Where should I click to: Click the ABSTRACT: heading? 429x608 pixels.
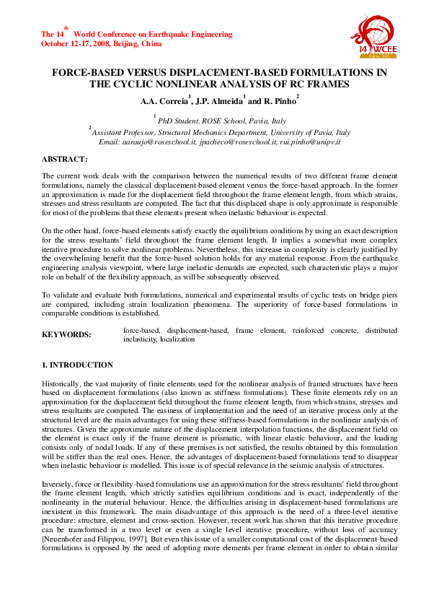65,158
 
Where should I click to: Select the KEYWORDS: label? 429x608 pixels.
66,334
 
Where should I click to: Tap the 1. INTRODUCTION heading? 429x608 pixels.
77,365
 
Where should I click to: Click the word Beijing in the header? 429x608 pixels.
130,43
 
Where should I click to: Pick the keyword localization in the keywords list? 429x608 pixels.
178,338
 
